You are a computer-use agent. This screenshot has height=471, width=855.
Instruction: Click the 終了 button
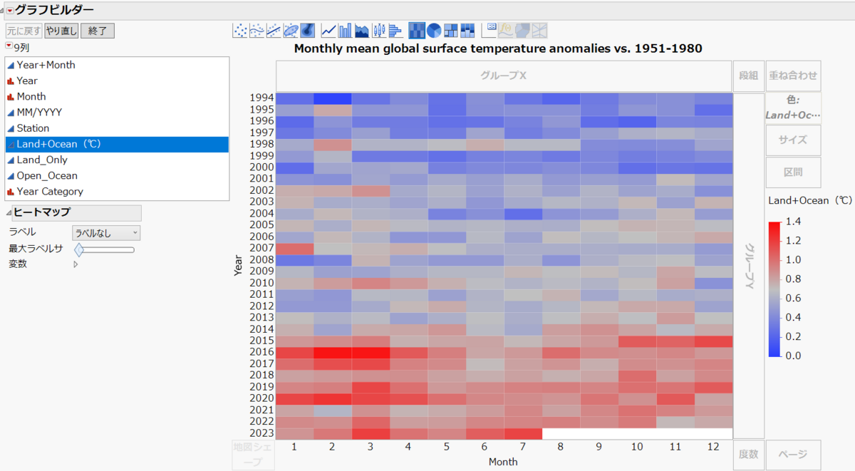98,31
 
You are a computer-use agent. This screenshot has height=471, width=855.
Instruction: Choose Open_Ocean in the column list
47,175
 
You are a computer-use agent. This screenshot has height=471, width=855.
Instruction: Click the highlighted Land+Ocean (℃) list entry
59,144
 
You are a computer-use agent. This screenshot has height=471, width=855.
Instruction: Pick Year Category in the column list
50,191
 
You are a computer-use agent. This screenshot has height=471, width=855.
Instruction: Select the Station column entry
33,128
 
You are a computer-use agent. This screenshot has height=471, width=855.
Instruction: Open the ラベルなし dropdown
106,233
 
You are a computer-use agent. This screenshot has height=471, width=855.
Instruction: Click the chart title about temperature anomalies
498,48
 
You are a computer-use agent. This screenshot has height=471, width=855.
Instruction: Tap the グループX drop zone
503,76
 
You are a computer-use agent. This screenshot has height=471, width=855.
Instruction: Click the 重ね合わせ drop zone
793,76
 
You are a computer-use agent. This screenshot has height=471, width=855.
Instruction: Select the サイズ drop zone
793,140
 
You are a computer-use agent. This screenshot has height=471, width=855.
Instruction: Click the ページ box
793,454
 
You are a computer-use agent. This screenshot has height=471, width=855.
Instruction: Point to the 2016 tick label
261,352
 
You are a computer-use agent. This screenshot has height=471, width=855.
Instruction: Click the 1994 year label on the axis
261,98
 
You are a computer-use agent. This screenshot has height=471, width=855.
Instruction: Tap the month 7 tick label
522,447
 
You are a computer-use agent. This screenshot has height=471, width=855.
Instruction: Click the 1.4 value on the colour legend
793,222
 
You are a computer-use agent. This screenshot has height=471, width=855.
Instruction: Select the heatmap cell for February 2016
333,352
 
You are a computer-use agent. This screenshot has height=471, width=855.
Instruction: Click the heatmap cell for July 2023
522,433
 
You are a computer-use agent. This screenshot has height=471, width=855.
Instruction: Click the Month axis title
503,462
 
